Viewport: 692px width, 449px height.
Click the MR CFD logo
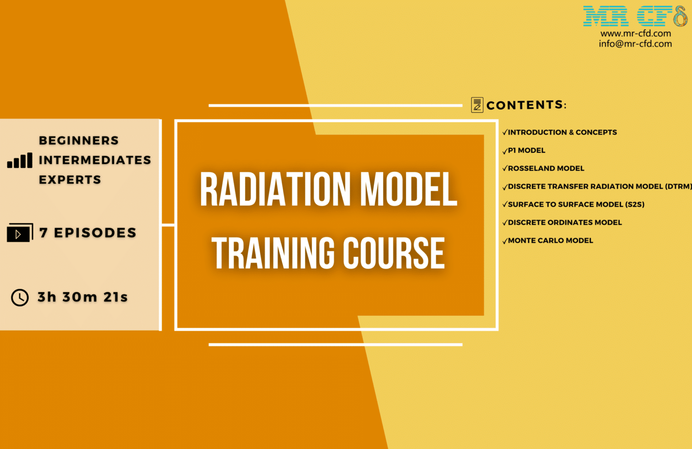click(x=635, y=16)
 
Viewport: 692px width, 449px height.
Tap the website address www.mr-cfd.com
click(x=635, y=33)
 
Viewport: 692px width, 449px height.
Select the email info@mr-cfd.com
click(x=635, y=44)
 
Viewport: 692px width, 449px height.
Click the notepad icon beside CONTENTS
click(x=477, y=105)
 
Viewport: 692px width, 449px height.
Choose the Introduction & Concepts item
click(x=562, y=132)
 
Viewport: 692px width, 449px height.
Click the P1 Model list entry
click(x=526, y=150)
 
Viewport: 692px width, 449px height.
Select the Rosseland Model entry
click(x=546, y=168)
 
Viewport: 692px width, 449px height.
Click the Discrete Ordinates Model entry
click(x=565, y=222)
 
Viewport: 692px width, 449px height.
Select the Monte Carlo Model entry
click(x=550, y=241)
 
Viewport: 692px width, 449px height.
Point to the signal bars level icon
click(x=20, y=161)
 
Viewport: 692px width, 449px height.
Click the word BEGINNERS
click(x=79, y=140)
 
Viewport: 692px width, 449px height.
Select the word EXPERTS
click(x=70, y=180)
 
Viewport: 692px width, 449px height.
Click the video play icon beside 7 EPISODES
click(x=19, y=233)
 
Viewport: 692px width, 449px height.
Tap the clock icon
click(x=20, y=297)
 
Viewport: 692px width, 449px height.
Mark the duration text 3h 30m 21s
click(x=82, y=297)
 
